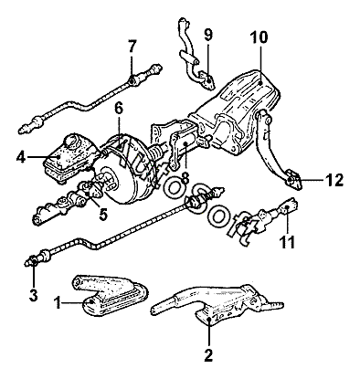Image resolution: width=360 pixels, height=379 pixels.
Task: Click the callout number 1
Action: [x=58, y=303]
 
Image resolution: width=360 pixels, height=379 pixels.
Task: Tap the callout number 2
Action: [x=208, y=355]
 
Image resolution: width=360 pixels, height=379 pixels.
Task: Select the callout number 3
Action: [x=33, y=295]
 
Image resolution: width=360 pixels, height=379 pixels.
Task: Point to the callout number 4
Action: [x=21, y=157]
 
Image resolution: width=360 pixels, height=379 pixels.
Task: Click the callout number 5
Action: [x=103, y=215]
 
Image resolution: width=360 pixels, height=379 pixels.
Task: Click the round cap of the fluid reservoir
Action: [x=72, y=142]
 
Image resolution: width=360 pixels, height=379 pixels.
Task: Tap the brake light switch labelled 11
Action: [x=268, y=217]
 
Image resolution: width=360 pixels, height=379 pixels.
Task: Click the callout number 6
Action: [x=119, y=109]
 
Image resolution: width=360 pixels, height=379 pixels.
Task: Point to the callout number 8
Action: [x=185, y=178]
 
